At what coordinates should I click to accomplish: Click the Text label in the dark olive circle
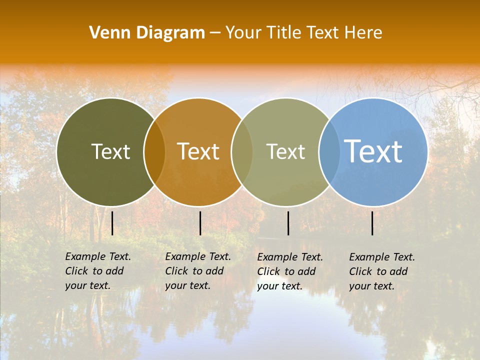tap(110, 151)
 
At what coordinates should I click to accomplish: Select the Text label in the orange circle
tap(198, 151)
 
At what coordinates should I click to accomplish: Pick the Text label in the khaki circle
tap(285, 151)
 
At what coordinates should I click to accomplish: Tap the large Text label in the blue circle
tap(373, 151)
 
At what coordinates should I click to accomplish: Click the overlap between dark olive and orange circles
tap(154, 152)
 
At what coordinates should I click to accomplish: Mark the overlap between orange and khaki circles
tap(242, 152)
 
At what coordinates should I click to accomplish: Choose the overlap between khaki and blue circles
tap(329, 152)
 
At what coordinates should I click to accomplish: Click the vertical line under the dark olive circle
tap(112, 223)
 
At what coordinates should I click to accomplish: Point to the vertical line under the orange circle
tap(200, 223)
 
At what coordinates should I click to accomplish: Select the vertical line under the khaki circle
tap(288, 223)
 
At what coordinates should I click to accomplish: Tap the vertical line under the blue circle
tap(372, 223)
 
